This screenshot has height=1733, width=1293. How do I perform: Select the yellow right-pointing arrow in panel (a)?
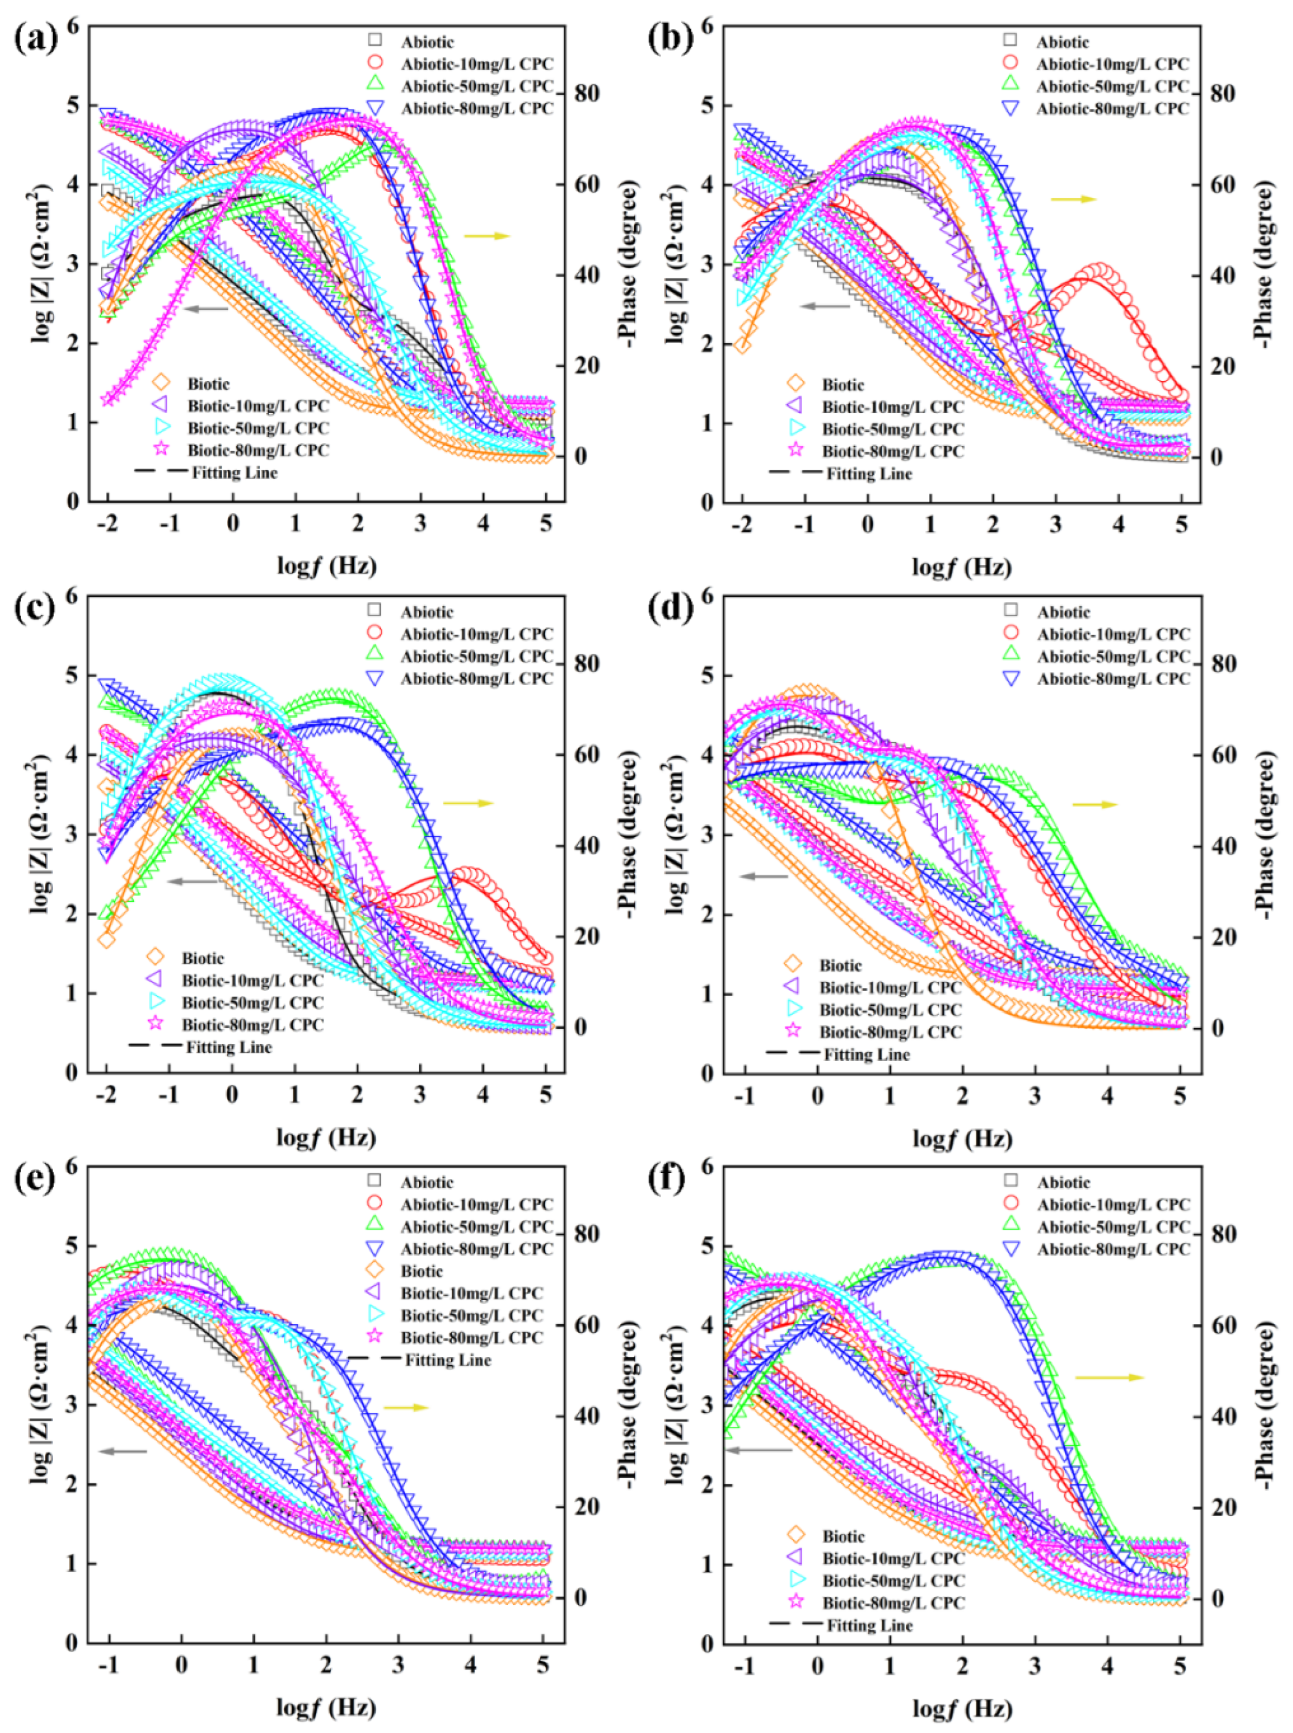(487, 236)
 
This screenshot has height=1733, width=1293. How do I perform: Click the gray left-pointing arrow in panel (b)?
(824, 306)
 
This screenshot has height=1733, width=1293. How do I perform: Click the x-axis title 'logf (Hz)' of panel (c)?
(326, 1137)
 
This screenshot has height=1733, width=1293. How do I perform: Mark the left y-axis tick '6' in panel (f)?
(707, 1167)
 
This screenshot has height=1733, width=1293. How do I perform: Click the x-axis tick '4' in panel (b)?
(1118, 524)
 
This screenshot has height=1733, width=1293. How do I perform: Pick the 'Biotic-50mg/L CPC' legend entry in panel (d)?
(890, 1010)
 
